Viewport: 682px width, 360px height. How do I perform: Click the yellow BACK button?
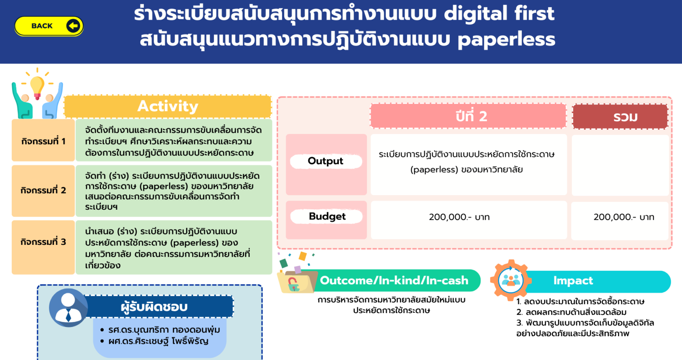49,26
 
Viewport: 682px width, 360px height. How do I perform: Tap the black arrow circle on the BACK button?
73,26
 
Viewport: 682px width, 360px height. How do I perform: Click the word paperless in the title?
506,40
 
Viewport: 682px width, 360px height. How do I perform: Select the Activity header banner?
168,106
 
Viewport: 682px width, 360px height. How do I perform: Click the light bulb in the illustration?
37,87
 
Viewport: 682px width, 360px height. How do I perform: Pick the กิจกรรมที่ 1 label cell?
43,140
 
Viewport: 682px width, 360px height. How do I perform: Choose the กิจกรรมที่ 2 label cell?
43,190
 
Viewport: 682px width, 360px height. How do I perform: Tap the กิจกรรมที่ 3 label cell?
43,247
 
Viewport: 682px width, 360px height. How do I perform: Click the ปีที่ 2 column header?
468,116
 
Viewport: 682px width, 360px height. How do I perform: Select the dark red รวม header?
620,117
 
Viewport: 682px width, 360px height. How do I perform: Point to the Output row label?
326,161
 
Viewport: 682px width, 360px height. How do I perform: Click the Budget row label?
327,216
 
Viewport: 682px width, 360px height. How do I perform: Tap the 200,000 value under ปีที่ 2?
459,217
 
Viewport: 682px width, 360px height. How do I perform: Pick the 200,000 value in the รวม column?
624,217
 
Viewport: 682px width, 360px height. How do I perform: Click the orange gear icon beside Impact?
511,280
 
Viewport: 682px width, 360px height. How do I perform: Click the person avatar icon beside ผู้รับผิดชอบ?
68,308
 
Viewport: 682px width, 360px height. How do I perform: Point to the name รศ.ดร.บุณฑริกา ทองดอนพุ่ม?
164,330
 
